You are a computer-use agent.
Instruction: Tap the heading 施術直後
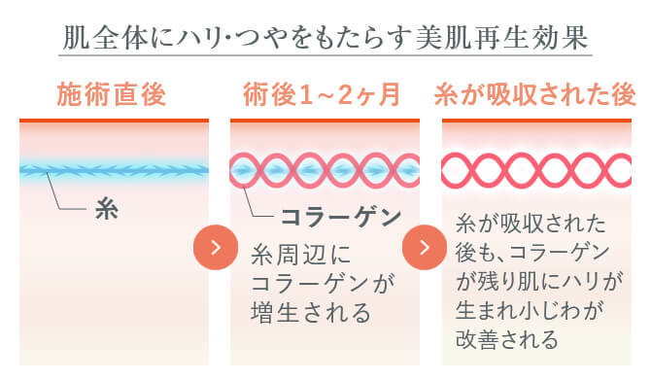click(113, 95)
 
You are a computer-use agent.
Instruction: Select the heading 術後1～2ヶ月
click(322, 95)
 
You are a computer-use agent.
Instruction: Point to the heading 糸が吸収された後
click(534, 95)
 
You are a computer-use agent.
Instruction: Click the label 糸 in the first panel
click(106, 209)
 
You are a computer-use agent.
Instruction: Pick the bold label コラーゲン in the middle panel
click(341, 217)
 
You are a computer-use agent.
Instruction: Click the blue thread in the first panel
click(114, 170)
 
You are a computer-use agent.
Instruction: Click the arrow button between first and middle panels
click(216, 247)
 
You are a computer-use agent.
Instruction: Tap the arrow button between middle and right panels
click(424, 247)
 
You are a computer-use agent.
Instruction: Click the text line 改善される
click(507, 340)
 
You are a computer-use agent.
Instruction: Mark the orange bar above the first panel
click(114, 121)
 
